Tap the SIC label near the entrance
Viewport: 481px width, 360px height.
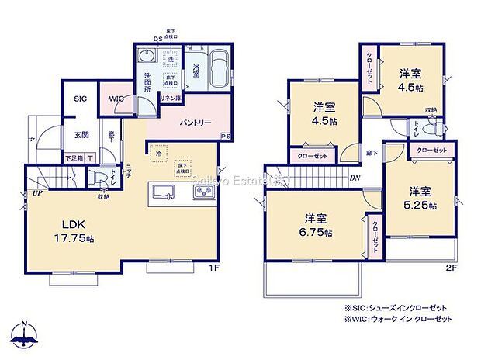80,99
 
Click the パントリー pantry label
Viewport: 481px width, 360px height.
196,122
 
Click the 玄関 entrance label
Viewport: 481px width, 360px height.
81,135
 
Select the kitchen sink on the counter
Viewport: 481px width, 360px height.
164,191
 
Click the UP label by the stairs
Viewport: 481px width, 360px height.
37,192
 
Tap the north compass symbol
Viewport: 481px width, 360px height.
26,335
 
